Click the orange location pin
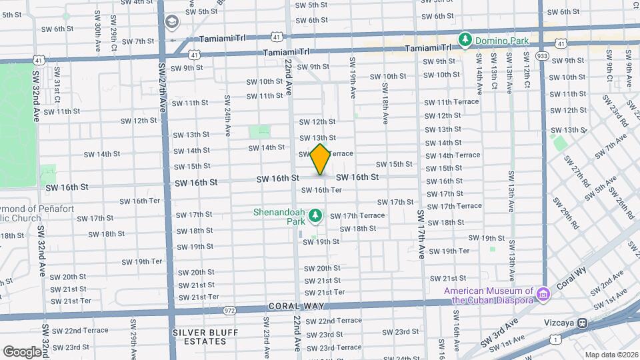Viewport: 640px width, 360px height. pos(321,159)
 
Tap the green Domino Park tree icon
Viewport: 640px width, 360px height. pos(465,41)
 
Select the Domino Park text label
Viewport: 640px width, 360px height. pos(502,41)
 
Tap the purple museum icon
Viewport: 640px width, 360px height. pos(543,293)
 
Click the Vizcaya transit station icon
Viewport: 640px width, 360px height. pos(582,323)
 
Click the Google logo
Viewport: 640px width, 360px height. pos(22,351)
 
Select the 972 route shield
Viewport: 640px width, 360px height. pos(230,310)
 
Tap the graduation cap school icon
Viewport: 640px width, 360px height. pos(172,23)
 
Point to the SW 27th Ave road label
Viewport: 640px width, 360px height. pos(161,87)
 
